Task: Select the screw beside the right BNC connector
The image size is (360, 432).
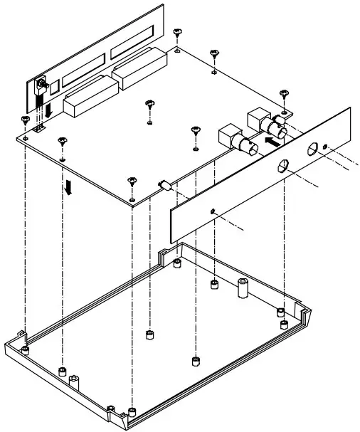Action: [284, 94]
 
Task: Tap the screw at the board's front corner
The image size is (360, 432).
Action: [131, 181]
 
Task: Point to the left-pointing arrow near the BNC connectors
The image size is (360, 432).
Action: [269, 142]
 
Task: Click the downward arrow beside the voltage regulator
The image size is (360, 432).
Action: [48, 112]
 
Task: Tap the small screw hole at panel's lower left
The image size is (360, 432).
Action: [214, 211]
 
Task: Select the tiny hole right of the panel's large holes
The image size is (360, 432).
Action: [326, 147]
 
